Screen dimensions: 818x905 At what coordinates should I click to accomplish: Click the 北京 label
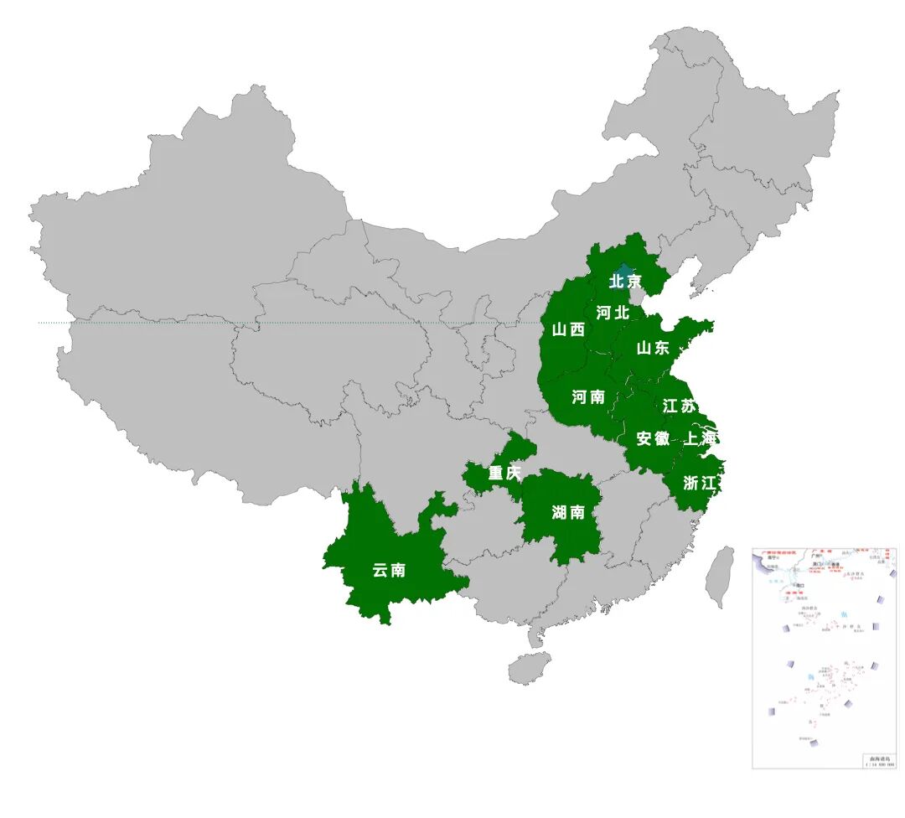pos(625,282)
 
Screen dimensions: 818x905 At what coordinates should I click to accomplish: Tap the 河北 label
pos(613,313)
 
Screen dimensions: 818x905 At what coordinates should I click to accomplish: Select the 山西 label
pos(568,330)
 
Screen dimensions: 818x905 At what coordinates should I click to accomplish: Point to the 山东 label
pos(653,348)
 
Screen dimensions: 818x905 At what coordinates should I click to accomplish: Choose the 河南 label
pos(588,397)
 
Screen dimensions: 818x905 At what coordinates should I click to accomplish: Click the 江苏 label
pos(679,406)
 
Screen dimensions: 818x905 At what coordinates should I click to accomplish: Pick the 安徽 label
pos(653,438)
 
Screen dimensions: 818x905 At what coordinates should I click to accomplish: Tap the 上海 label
pos(701,438)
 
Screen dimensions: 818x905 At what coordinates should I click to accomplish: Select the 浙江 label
pos(700,483)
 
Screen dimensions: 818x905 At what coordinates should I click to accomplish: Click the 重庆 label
pos(504,474)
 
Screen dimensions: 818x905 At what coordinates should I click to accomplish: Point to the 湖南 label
pos(568,513)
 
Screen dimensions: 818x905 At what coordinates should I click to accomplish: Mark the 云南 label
pos(389,571)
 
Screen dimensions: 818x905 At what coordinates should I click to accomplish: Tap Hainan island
pos(529,668)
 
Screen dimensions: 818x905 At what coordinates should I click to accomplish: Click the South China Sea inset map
pos(824,658)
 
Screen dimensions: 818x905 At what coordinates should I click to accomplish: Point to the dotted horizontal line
pos(251,323)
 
